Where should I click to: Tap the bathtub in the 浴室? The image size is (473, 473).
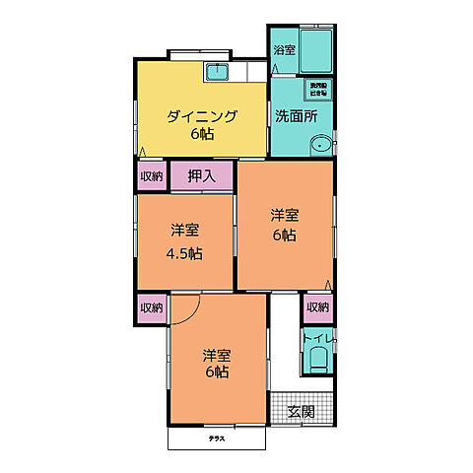pos(315,50)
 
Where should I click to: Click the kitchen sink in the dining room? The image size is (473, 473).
pos(218,71)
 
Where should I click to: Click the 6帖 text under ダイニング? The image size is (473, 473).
pos(201,135)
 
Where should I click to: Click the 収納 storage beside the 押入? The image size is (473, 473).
pos(151,177)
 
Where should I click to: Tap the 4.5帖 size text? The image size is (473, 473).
pos(184,253)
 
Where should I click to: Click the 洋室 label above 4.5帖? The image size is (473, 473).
pos(184,232)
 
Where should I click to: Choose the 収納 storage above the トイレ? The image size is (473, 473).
pos(316,307)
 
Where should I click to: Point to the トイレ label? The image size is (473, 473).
pos(317,340)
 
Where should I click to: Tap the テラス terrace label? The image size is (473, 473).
pos(216,438)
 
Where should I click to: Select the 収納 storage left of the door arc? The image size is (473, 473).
pos(151,307)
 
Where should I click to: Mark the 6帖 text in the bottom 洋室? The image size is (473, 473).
pos(218,373)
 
